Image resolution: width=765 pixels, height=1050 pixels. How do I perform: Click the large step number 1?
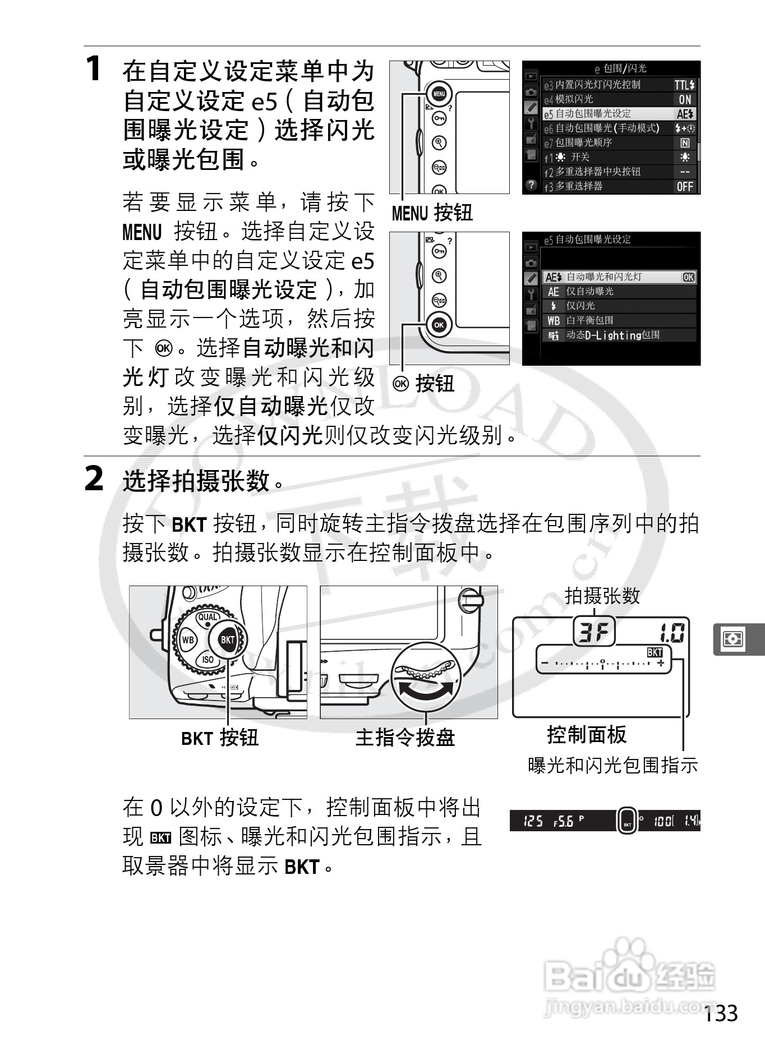point(94,70)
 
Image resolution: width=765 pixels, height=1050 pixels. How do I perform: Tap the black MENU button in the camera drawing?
point(439,94)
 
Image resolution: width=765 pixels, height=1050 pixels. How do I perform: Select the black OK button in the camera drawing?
point(439,325)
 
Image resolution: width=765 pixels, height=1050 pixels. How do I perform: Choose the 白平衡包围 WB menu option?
point(617,321)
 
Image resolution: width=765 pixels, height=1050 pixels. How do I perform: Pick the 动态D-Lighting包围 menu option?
point(617,335)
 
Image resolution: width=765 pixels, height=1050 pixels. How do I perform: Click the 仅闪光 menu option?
point(617,306)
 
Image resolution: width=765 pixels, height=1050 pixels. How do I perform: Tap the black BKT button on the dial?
point(228,640)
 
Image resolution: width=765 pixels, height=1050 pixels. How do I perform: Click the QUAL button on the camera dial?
point(208,617)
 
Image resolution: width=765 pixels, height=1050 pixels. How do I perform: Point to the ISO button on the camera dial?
point(208,660)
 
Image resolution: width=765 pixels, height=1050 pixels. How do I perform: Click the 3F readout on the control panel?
point(593,633)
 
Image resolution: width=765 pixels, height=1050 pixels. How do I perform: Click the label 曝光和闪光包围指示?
point(612,765)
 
